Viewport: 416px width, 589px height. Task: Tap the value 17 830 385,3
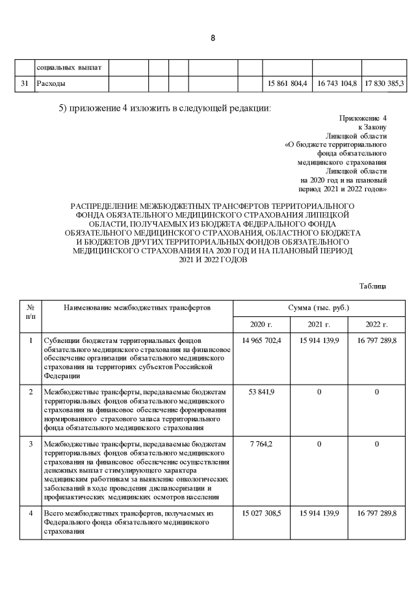click(384, 84)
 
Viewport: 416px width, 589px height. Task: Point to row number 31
click(24, 84)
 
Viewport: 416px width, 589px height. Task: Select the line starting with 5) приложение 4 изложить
click(164, 107)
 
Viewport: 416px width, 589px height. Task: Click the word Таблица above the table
click(373, 286)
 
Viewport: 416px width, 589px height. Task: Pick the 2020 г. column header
click(261, 324)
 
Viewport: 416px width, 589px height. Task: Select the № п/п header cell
click(31, 310)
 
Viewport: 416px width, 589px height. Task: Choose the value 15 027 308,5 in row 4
click(261, 514)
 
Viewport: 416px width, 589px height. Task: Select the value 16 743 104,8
click(337, 84)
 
